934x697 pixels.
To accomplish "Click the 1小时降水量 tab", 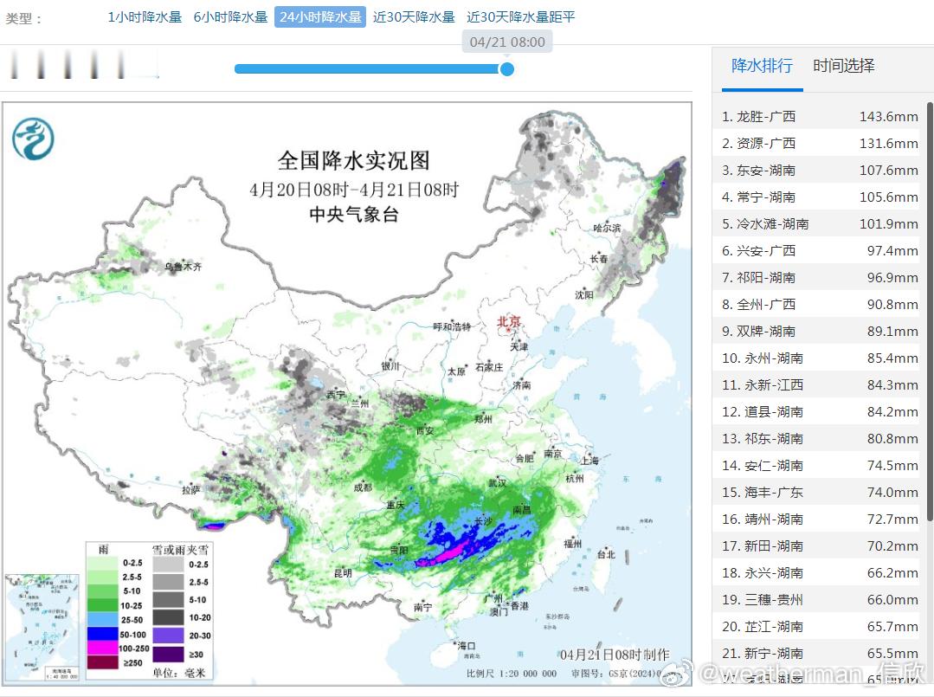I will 145,17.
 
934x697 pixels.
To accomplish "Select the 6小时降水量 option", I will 230,17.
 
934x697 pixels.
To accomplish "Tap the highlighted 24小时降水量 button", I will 320,17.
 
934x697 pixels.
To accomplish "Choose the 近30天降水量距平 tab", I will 520,17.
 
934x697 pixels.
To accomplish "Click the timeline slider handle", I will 507,69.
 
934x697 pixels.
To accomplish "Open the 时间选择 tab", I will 843,66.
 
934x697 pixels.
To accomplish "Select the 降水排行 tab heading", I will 762,66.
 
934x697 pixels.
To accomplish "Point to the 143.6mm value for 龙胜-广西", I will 888,117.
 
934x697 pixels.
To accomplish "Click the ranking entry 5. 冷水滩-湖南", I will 765,224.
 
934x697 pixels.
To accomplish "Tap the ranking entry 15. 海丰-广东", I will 762,493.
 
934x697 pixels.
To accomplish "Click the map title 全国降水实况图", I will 353,160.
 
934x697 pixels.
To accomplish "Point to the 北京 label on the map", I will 509,322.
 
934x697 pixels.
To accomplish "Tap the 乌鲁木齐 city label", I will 183,268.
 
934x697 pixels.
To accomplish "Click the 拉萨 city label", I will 191,490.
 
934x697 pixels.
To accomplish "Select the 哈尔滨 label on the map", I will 607,228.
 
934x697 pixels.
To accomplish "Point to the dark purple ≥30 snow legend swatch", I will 169,654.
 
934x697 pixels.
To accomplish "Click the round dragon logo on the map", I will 33,139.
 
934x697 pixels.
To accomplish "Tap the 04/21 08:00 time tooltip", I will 507,42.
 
